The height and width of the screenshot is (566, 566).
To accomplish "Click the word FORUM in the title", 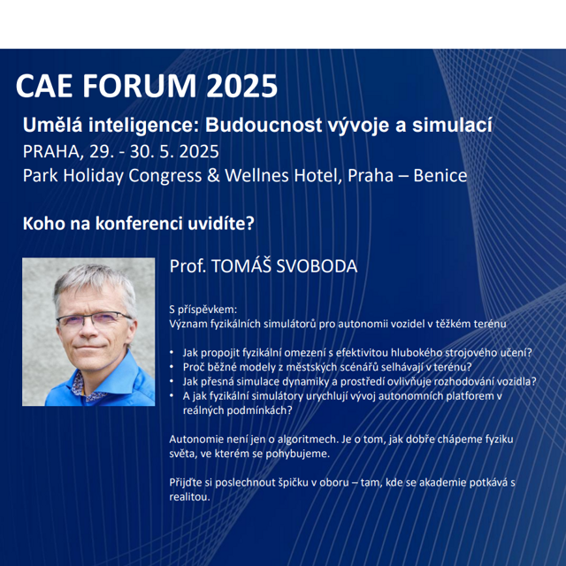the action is [x=140, y=86].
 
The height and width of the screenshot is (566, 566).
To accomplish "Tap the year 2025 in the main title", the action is [x=241, y=86].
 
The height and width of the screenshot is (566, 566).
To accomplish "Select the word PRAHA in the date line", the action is [x=51, y=151].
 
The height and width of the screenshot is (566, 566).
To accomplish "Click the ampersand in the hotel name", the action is [x=213, y=176].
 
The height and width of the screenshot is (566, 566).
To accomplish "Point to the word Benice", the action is [x=440, y=176].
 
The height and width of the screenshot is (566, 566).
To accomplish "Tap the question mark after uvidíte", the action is [x=250, y=224].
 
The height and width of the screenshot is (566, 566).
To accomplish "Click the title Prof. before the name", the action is [x=187, y=266].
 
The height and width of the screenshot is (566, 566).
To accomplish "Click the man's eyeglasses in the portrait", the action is [x=94, y=319].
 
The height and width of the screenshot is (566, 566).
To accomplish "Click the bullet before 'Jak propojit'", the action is [x=172, y=353].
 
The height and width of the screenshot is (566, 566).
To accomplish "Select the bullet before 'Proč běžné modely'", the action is [x=172, y=367].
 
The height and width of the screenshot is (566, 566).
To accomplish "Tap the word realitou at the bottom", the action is [x=189, y=497].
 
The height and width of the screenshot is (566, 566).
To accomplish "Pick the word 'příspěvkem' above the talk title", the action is [x=207, y=310].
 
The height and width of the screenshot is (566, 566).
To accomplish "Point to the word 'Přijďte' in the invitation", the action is [x=185, y=483].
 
